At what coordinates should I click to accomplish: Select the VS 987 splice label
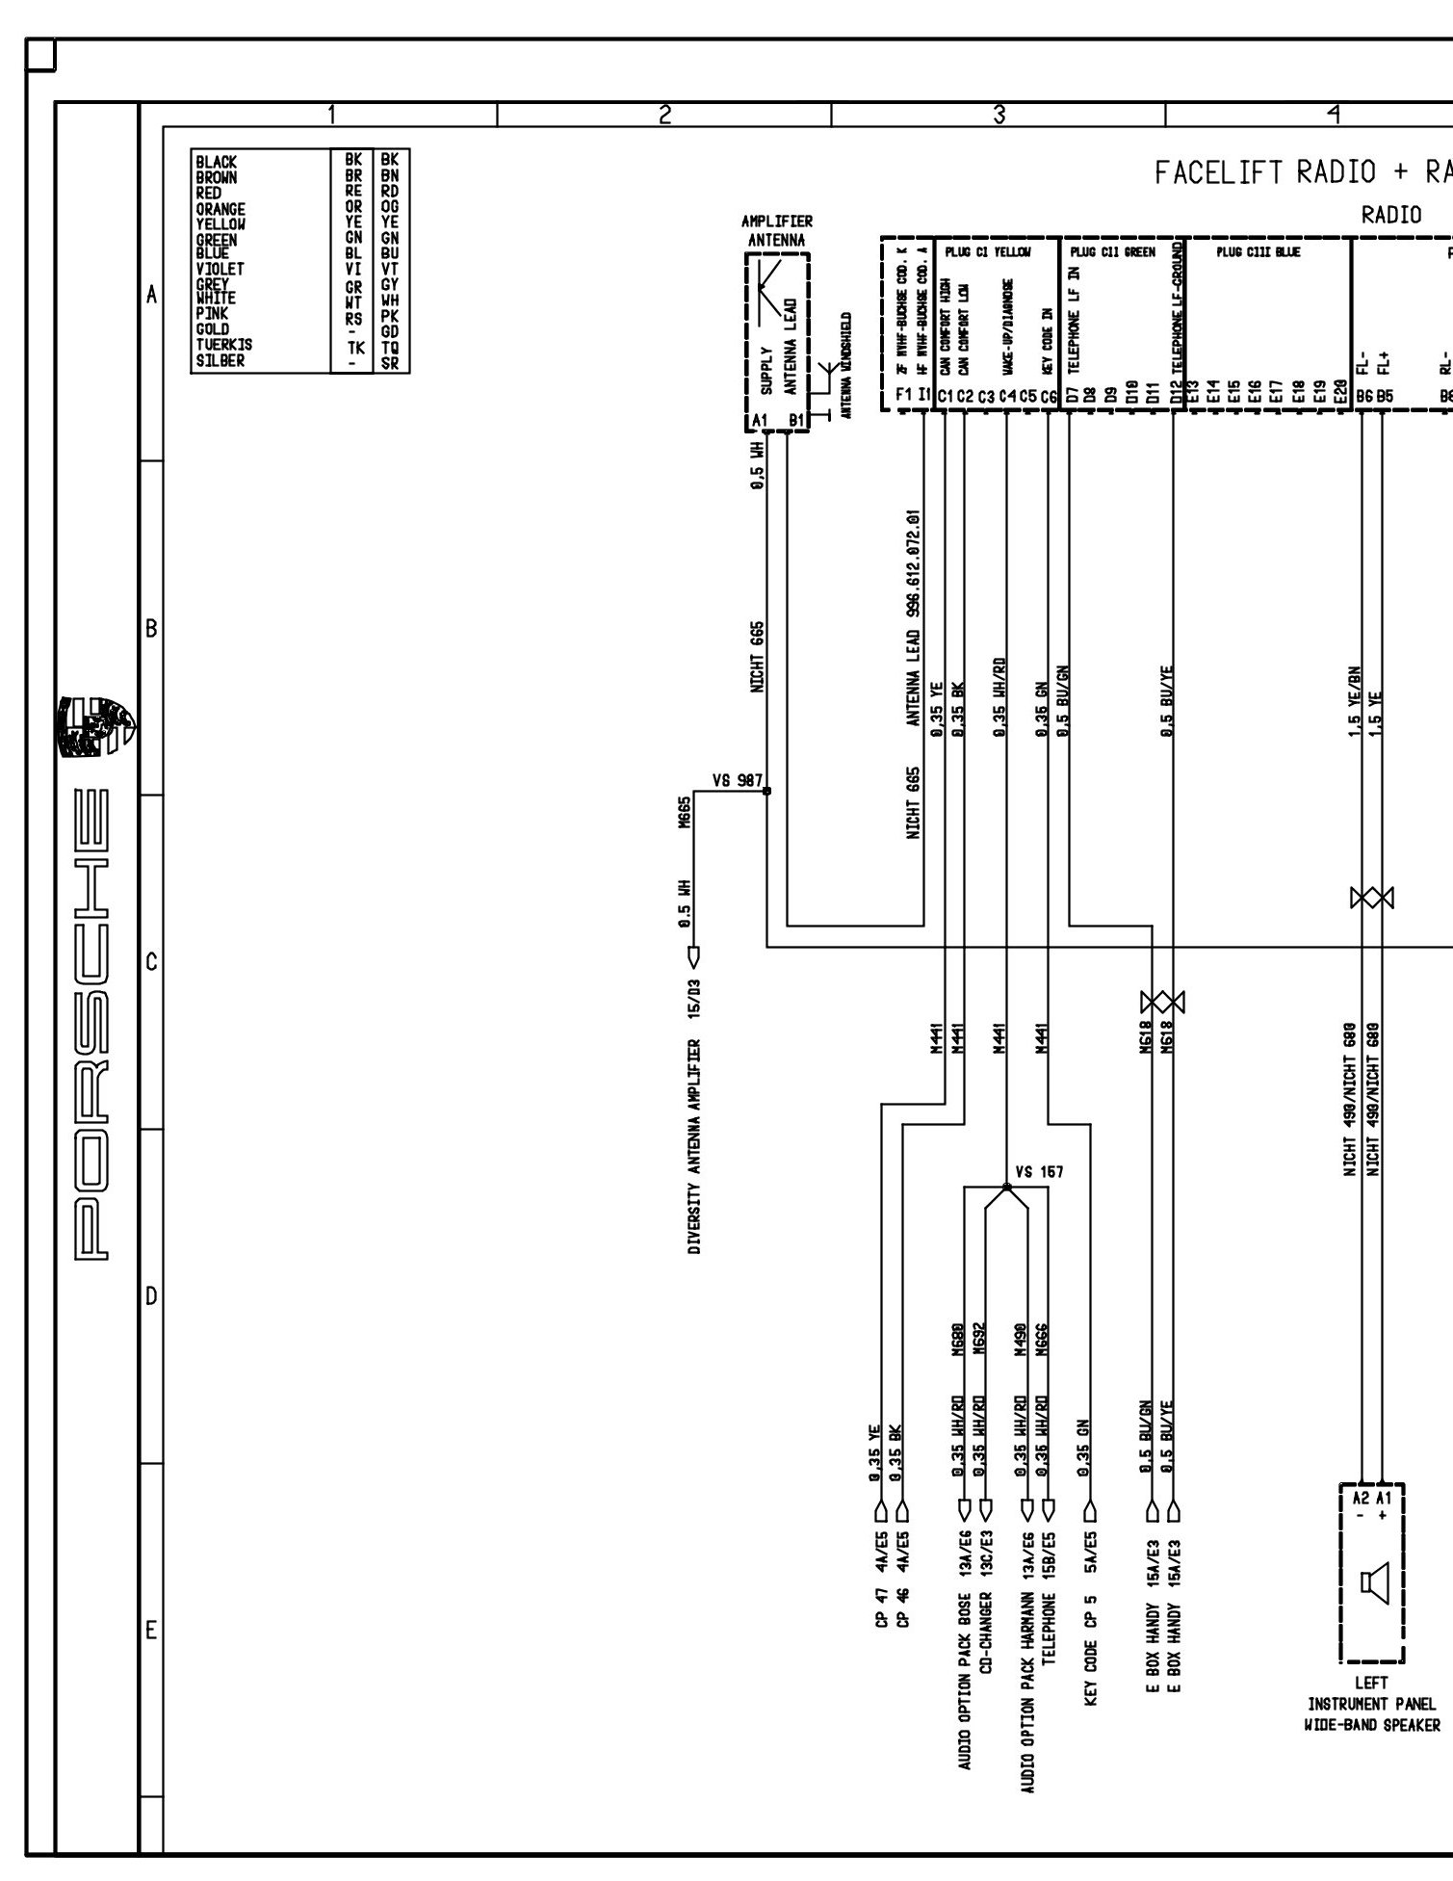pos(738,780)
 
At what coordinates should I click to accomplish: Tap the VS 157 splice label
pos(1039,1172)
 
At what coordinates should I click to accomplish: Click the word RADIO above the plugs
pos(1391,216)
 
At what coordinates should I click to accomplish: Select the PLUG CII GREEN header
pos(1112,253)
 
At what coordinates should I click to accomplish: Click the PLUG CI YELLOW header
pos(996,253)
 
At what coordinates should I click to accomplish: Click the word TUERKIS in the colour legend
pos(224,345)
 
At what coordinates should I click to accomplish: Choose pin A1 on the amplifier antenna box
pos(760,420)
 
